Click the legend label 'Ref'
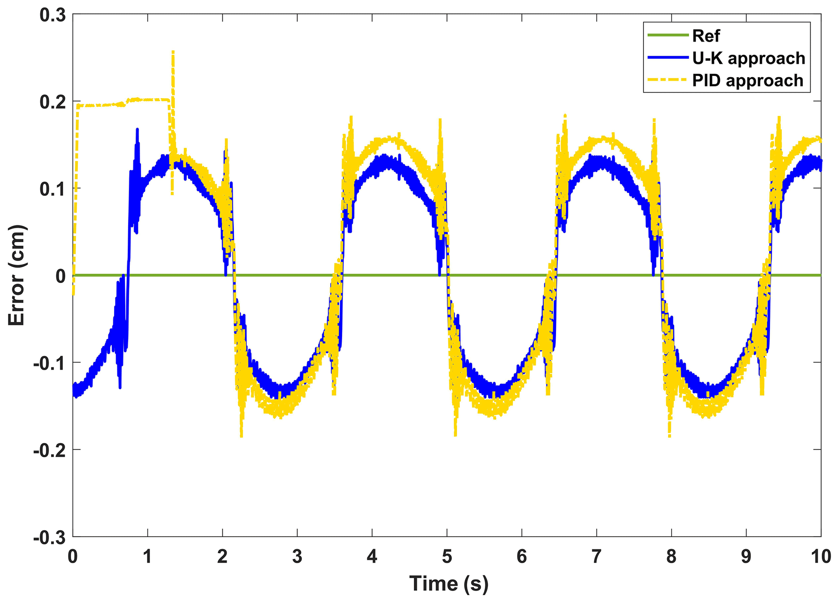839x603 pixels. click(x=706, y=36)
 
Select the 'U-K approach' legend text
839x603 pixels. click(x=748, y=59)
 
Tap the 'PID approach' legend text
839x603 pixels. click(x=747, y=80)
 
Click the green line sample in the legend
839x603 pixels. click(x=668, y=35)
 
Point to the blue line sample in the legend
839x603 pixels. click(x=668, y=58)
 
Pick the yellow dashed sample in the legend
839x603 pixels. click(x=668, y=80)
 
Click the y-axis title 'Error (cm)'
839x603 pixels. click(x=17, y=275)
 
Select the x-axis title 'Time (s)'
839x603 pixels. click(x=449, y=583)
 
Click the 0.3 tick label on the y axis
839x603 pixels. click(x=52, y=15)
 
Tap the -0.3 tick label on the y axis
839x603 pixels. click(x=49, y=537)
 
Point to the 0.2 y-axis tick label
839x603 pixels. click(x=52, y=102)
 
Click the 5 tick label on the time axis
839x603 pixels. click(x=447, y=557)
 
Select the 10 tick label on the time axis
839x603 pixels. click(x=820, y=557)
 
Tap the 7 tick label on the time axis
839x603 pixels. click(x=596, y=557)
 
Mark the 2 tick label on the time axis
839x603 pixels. click(x=222, y=557)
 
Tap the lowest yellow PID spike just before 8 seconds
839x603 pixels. click(x=669, y=435)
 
